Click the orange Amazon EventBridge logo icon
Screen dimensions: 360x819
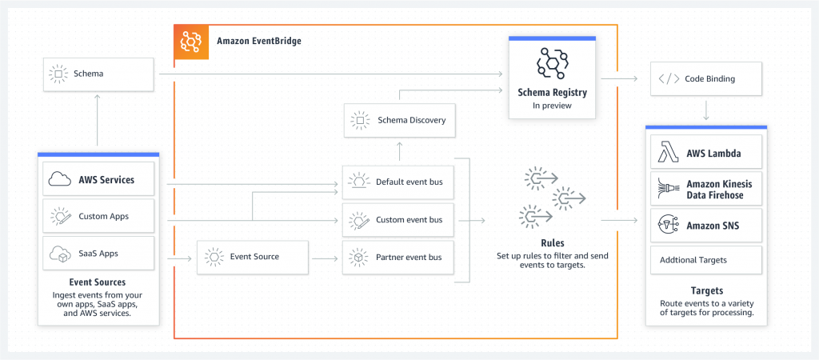(191, 41)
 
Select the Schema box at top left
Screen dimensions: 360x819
(99, 74)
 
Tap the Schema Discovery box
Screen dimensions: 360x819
(398, 121)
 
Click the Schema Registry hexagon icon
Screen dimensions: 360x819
(552, 64)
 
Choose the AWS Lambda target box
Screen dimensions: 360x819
(705, 153)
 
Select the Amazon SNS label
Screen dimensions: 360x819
(713, 226)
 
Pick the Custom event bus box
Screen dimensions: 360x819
(398, 219)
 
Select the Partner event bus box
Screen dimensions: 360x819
(398, 258)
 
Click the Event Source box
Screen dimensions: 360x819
(252, 258)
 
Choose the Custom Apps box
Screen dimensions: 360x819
(99, 216)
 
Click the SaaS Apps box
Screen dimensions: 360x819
(99, 253)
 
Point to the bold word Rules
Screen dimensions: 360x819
(553, 242)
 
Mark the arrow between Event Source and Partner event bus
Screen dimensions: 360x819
(325, 258)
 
